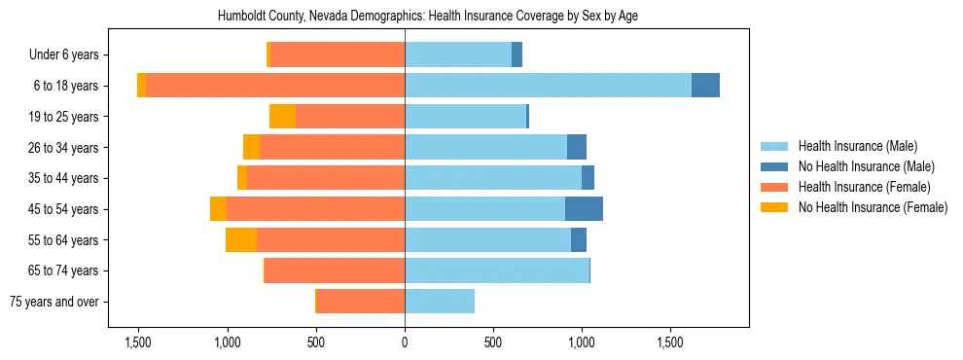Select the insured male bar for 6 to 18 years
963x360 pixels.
pyautogui.click(x=548, y=86)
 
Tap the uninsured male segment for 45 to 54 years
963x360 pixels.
pyautogui.click(x=584, y=209)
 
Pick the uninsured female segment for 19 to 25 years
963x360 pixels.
pyautogui.click(x=282, y=117)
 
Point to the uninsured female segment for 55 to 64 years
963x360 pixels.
pyautogui.click(x=241, y=240)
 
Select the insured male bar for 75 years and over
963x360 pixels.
pyautogui.click(x=440, y=302)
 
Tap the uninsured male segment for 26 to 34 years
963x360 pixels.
pyautogui.click(x=577, y=148)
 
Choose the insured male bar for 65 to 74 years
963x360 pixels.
pyautogui.click(x=497, y=270)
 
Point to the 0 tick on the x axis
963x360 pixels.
pyautogui.click(x=405, y=342)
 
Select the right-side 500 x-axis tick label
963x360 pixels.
pyautogui.click(x=493, y=342)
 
